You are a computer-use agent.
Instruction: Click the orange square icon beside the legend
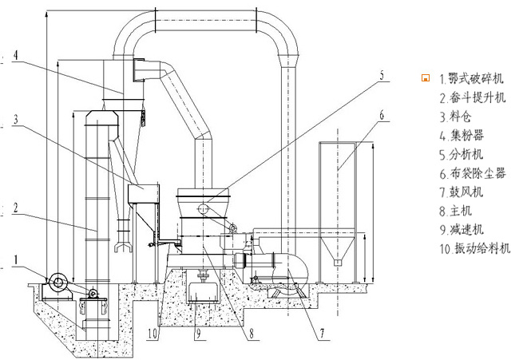point(426,78)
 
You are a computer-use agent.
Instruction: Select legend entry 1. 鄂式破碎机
point(471,78)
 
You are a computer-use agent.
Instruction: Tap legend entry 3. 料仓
point(455,117)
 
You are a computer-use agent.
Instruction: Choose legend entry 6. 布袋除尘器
point(473,174)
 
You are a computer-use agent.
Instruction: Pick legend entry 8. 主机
point(456,211)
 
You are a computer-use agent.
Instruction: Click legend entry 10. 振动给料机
point(475,248)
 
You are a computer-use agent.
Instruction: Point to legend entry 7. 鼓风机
point(462,192)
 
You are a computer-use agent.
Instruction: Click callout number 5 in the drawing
point(382,75)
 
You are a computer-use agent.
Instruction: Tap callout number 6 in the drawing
point(382,116)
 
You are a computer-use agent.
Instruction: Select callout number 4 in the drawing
point(16,55)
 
